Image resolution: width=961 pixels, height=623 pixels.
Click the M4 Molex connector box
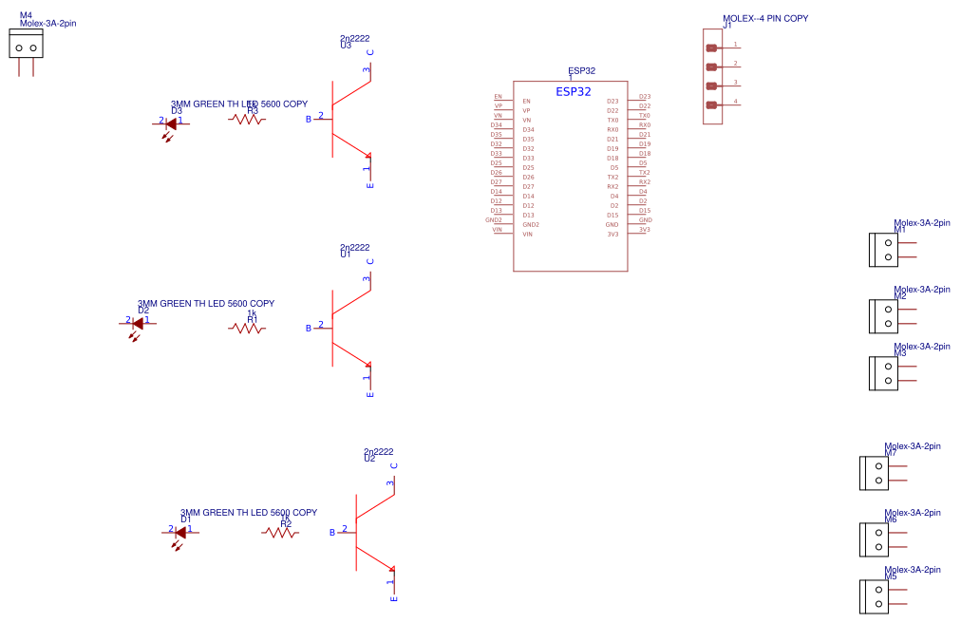pos(26,45)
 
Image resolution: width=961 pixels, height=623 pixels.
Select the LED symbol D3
pos(171,123)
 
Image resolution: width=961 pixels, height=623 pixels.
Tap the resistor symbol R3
pos(247,120)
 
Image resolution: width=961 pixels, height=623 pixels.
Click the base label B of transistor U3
pos(308,119)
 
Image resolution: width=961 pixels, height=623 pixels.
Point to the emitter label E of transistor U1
pos(369,394)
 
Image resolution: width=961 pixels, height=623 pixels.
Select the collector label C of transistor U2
pos(393,465)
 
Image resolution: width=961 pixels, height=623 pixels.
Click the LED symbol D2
pos(138,322)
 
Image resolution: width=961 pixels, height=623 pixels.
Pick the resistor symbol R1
pos(247,328)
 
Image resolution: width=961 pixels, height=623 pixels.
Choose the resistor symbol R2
pos(280,533)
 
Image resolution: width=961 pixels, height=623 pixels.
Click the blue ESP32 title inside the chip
pos(574,92)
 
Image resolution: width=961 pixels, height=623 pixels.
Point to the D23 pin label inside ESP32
pos(612,101)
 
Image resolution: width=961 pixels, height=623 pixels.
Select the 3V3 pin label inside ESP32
pos(612,234)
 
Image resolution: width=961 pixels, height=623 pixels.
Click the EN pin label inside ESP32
pos(526,101)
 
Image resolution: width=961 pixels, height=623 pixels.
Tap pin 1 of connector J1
pos(711,47)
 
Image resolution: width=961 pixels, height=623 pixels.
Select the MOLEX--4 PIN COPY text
pos(765,18)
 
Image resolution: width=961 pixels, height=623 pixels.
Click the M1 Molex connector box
pos(883,250)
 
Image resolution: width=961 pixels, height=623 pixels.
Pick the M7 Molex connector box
pos(874,473)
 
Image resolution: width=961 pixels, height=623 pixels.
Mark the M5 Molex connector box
pos(874,596)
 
